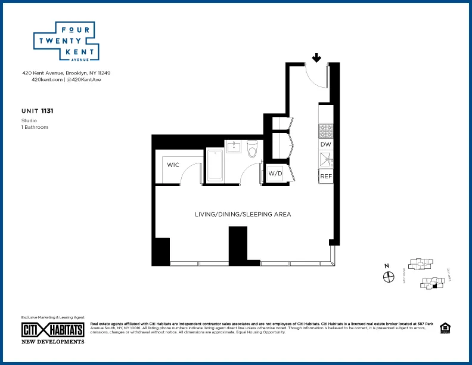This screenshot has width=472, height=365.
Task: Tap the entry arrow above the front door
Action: [x=316, y=58]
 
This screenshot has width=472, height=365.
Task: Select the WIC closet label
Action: [x=173, y=165]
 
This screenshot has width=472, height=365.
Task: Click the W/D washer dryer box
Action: [x=275, y=174]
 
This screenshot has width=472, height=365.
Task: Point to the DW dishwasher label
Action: [x=325, y=144]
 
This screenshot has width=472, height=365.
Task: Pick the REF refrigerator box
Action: [x=326, y=177]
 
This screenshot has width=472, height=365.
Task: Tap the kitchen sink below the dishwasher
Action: [x=325, y=159]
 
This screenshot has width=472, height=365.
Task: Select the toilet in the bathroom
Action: [x=251, y=149]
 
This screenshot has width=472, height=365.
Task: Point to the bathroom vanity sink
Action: [x=233, y=147]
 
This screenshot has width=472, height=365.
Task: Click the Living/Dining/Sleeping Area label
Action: [x=243, y=214]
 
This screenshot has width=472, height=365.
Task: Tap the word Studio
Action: [x=28, y=121]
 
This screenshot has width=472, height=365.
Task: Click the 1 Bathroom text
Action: [x=35, y=127]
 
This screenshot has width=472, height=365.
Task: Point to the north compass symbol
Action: [x=389, y=277]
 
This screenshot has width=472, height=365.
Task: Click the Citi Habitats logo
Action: [x=52, y=329]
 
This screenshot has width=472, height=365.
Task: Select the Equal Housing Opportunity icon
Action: [x=444, y=327]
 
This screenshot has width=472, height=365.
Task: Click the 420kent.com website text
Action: [x=47, y=79]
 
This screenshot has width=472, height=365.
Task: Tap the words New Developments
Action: [x=52, y=341]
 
